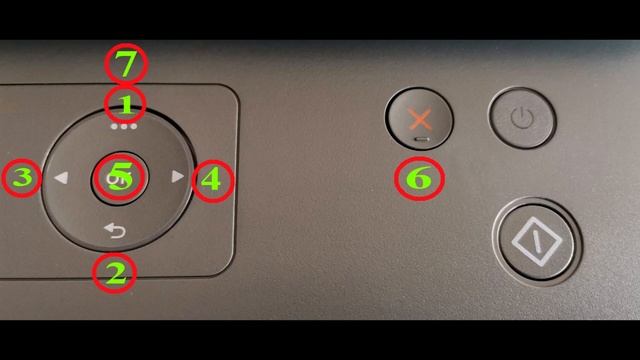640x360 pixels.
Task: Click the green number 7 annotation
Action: [126, 65]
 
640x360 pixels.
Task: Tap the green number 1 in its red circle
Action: [126, 102]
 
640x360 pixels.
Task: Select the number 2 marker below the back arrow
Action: [116, 273]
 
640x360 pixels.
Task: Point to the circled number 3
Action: [22, 180]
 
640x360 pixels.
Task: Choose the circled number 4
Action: [211, 181]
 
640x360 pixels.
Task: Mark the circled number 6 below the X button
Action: [419, 180]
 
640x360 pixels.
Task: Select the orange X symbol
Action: [420, 119]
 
